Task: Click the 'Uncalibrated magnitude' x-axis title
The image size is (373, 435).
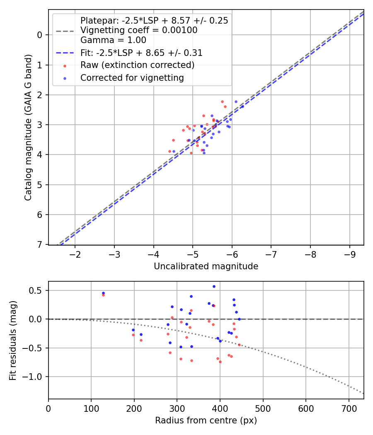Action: tap(206, 266)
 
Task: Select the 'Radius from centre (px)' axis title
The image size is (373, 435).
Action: tap(206, 420)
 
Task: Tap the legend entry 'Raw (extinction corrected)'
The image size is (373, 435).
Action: tap(137, 65)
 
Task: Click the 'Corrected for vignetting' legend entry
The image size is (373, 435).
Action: tap(132, 77)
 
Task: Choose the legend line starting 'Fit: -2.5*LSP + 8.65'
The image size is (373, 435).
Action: tap(141, 53)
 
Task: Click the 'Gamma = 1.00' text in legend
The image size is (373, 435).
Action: tap(113, 40)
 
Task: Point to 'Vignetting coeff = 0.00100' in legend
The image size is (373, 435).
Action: tap(138, 30)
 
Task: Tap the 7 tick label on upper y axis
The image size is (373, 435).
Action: tap(40, 244)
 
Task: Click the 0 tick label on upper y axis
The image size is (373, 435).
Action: tap(40, 35)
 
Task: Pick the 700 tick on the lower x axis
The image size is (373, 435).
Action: tap(349, 408)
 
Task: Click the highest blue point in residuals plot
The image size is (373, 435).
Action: tap(214, 286)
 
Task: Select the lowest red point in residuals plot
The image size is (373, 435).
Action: tap(220, 362)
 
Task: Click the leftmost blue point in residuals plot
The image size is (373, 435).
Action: tap(103, 293)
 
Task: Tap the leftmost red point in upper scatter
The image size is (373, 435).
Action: tap(170, 151)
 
